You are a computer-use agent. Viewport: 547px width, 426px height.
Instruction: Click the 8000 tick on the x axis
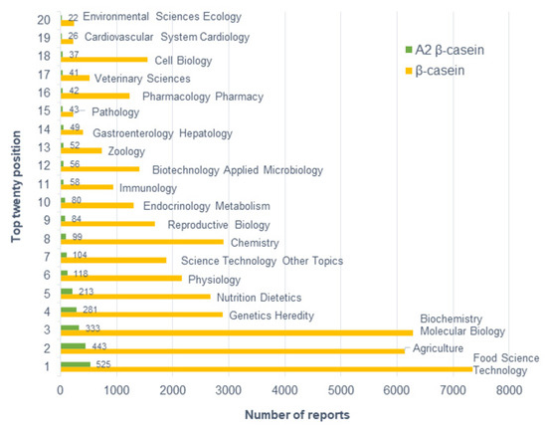pos(509,390)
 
